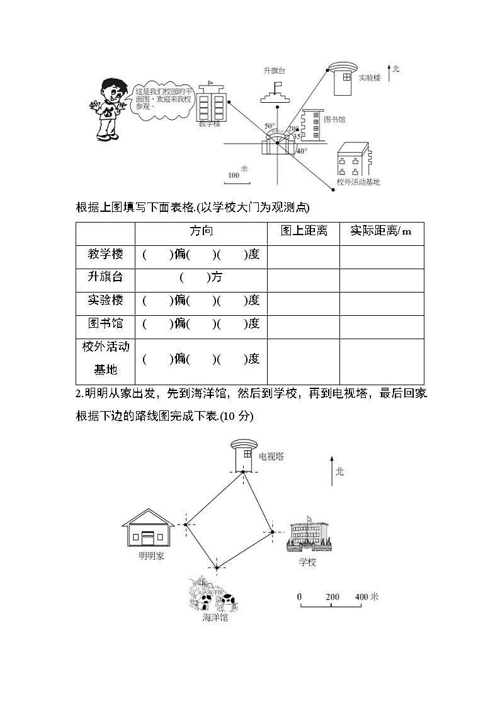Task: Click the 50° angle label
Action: pos(270,126)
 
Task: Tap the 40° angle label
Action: pos(302,151)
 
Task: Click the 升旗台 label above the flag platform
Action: pos(275,71)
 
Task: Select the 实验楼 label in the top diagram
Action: pos(370,78)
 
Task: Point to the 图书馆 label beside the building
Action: pos(334,119)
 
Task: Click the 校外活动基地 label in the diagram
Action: pos(358,182)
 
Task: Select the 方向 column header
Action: pos(201,231)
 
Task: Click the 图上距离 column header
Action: pos(304,231)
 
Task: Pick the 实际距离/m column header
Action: pos(381,231)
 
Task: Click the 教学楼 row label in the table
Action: pos(105,255)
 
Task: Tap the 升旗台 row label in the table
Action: pos(105,277)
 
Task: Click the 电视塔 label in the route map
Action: pos(271,456)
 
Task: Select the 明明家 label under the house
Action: pos(151,556)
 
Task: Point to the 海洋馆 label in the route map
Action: pos(215,618)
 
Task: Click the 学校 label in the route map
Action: pos(307,562)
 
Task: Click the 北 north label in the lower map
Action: pos(339,471)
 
